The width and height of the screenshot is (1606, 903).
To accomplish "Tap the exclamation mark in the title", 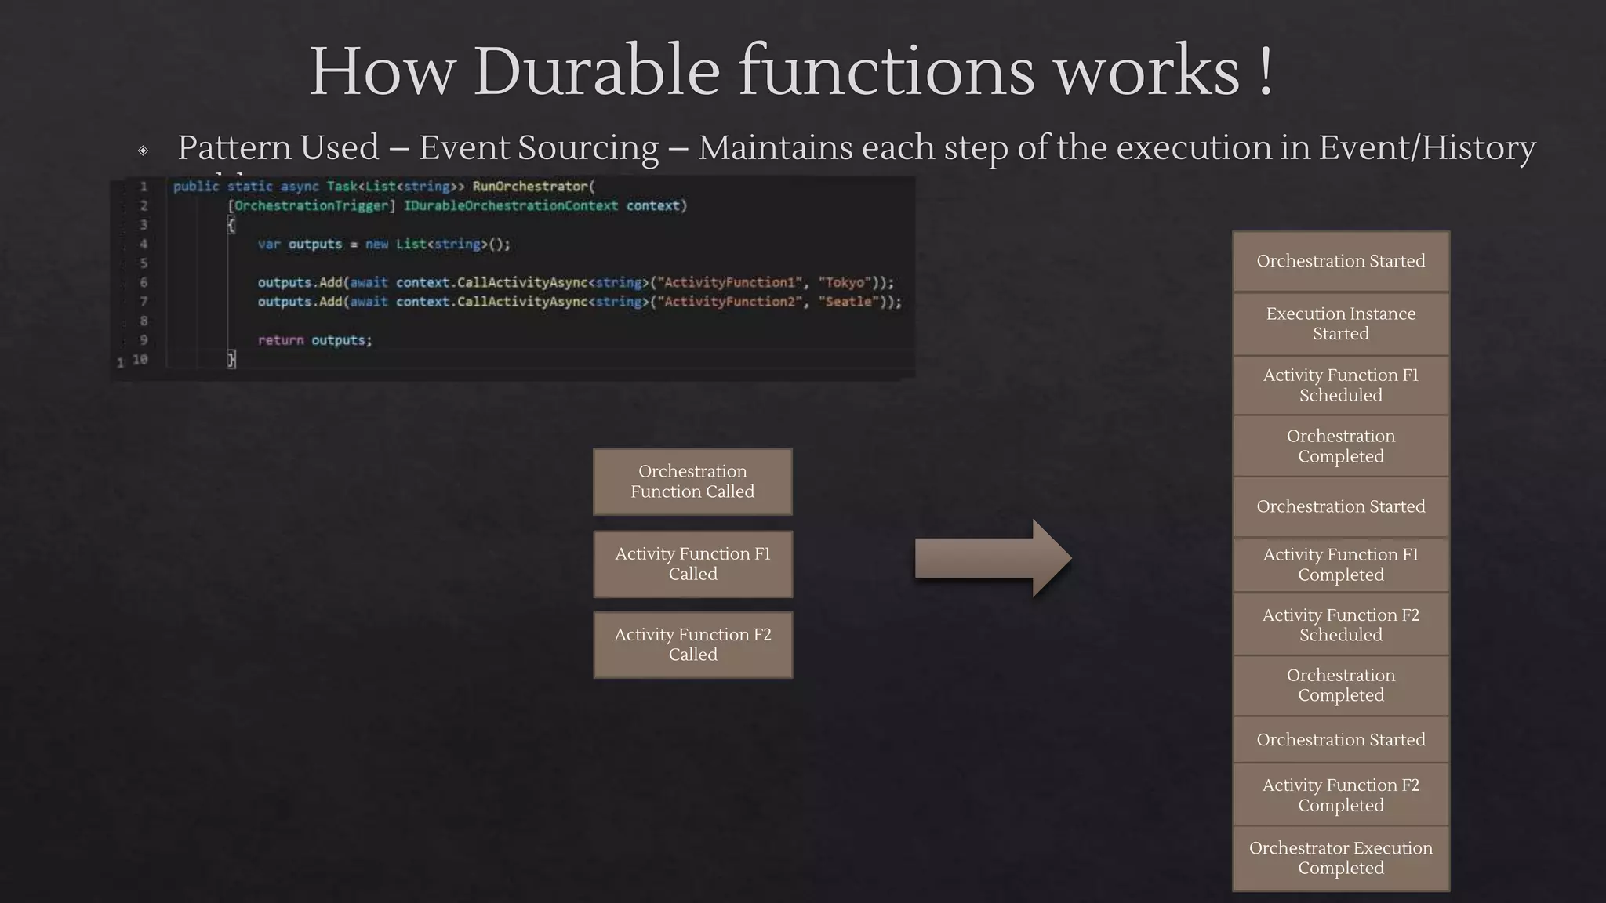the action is coord(1265,72).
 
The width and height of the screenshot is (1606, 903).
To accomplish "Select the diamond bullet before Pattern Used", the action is coord(143,150).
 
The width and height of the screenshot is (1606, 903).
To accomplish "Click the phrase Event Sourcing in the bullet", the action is coord(539,147).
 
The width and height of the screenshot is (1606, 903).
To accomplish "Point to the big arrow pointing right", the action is coord(993,558).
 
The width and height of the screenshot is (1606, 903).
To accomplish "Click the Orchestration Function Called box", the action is coord(692,481).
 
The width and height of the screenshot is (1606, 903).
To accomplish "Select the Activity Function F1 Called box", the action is coord(692,564).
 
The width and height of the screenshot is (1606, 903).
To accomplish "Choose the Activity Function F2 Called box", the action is coord(692,644).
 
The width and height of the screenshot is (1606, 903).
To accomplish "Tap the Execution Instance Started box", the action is coord(1340,324).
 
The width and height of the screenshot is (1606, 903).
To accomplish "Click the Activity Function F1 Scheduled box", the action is coord(1340,385).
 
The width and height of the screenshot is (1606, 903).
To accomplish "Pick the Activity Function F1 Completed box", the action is coord(1340,564).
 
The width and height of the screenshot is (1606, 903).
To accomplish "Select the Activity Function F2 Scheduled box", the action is coord(1340,625).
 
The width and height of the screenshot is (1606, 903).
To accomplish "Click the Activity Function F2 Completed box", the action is coord(1340,795).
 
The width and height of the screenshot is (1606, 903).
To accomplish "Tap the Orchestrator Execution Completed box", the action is coord(1340,858).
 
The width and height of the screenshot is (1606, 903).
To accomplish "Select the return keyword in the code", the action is coord(280,340).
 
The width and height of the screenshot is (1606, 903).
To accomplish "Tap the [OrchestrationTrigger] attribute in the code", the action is coord(311,205).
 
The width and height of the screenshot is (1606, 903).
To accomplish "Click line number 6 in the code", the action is coord(144,282).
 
